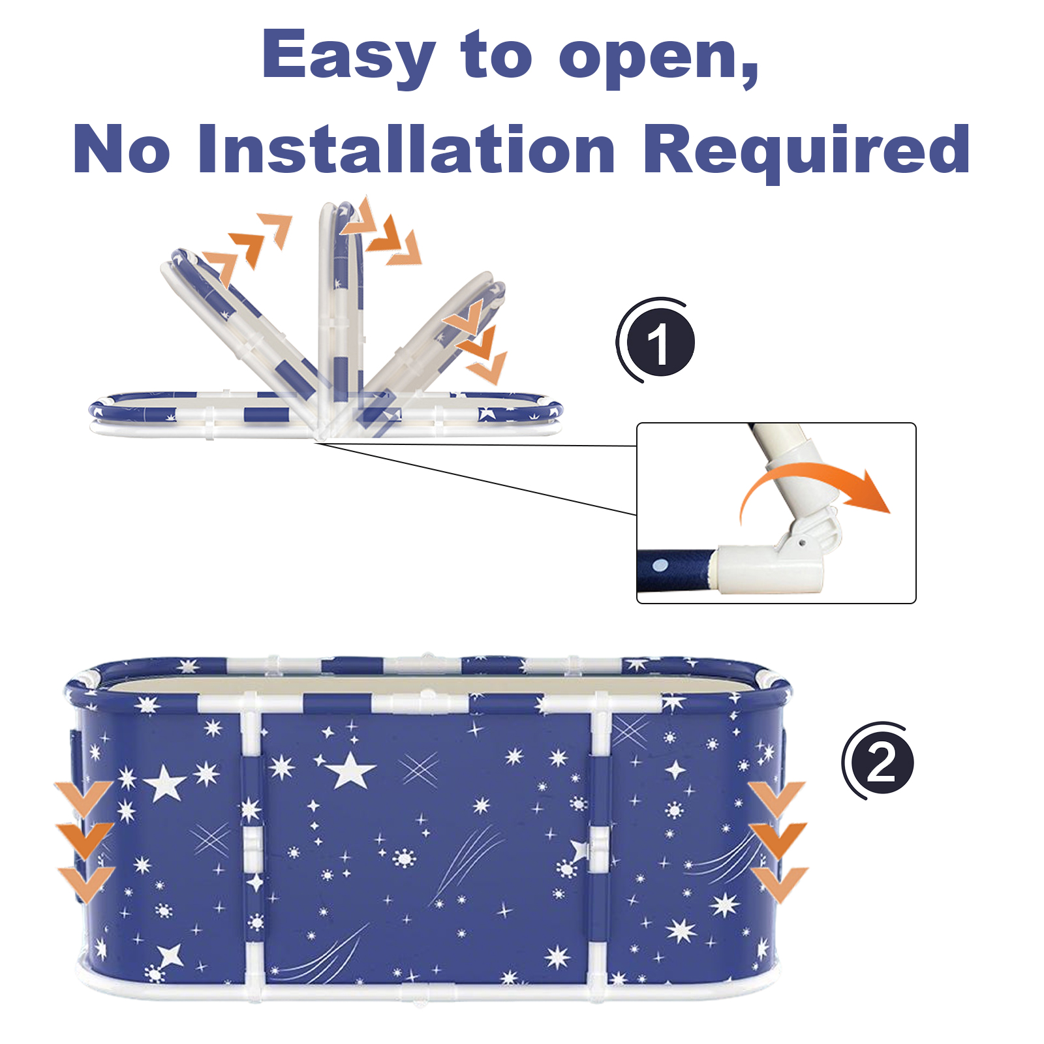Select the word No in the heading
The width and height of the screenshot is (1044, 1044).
(122, 149)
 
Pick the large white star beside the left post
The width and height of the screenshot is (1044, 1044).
(165, 783)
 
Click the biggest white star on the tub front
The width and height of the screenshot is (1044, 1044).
(350, 770)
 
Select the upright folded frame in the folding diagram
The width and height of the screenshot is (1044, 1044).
(340, 307)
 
